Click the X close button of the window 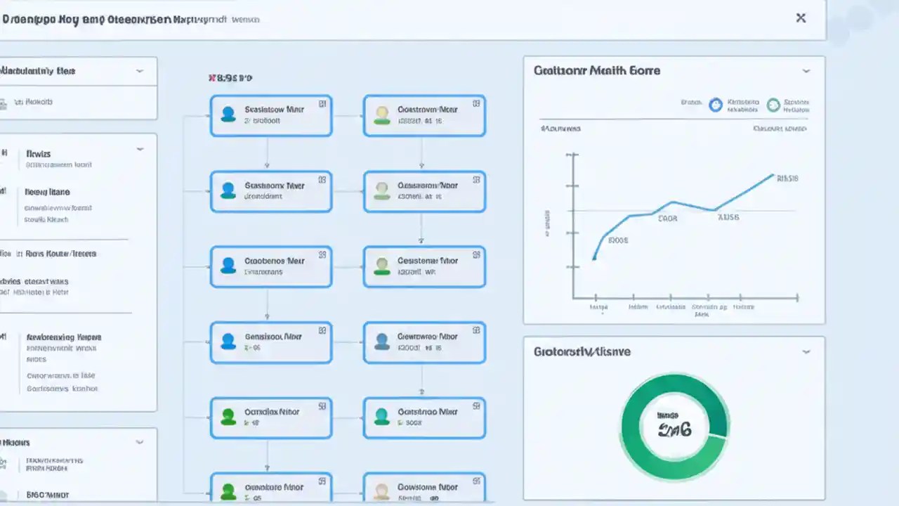point(801,18)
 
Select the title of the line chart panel point(596,70)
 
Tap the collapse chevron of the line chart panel point(806,71)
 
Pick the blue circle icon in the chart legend point(716,105)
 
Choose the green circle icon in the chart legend point(773,105)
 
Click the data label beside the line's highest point point(787,179)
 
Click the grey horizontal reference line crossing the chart point(759,210)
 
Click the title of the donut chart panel point(582,351)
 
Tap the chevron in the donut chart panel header point(806,351)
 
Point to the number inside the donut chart point(674,429)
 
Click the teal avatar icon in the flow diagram point(381,417)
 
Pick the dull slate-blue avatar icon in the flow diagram point(381,341)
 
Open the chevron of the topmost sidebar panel point(140,71)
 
